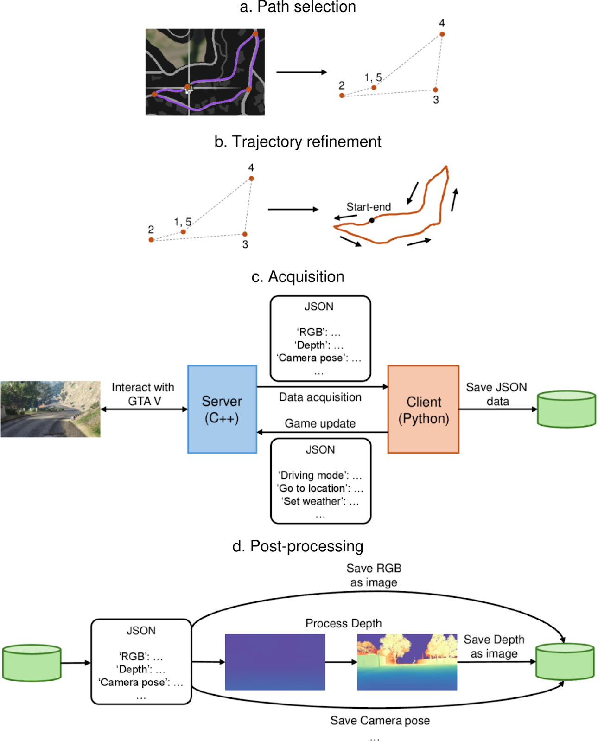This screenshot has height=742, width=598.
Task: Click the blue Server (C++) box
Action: coord(222,409)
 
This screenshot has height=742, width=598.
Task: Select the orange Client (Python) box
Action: coord(423,409)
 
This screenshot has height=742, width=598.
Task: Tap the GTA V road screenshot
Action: coord(51,409)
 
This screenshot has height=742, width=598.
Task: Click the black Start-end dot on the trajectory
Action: coord(372,220)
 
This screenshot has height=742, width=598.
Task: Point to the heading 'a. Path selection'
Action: coord(298,7)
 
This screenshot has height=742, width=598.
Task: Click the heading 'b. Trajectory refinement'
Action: coord(298,141)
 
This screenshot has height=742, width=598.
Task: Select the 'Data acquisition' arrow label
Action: coord(320,397)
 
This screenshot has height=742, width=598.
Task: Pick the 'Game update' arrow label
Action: coord(320,423)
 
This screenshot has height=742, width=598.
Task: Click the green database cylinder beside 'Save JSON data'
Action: coord(566,409)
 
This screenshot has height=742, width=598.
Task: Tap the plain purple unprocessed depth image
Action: coord(275,662)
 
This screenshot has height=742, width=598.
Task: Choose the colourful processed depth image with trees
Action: coord(407,662)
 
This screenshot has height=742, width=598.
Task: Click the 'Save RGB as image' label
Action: coord(374,575)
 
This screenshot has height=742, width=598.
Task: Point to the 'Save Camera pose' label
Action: coord(380,720)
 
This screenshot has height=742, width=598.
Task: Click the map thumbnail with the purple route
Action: coord(205,72)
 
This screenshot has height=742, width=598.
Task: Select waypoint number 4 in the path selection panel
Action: coord(442,34)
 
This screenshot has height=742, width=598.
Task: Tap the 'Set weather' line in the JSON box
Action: coord(320,501)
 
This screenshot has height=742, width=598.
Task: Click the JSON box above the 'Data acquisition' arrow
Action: coord(320,339)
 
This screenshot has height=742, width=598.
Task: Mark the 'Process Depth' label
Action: coord(344,623)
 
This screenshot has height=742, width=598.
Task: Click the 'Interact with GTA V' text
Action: coord(143,394)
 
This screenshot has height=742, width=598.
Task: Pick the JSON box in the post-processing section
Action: coord(141,662)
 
